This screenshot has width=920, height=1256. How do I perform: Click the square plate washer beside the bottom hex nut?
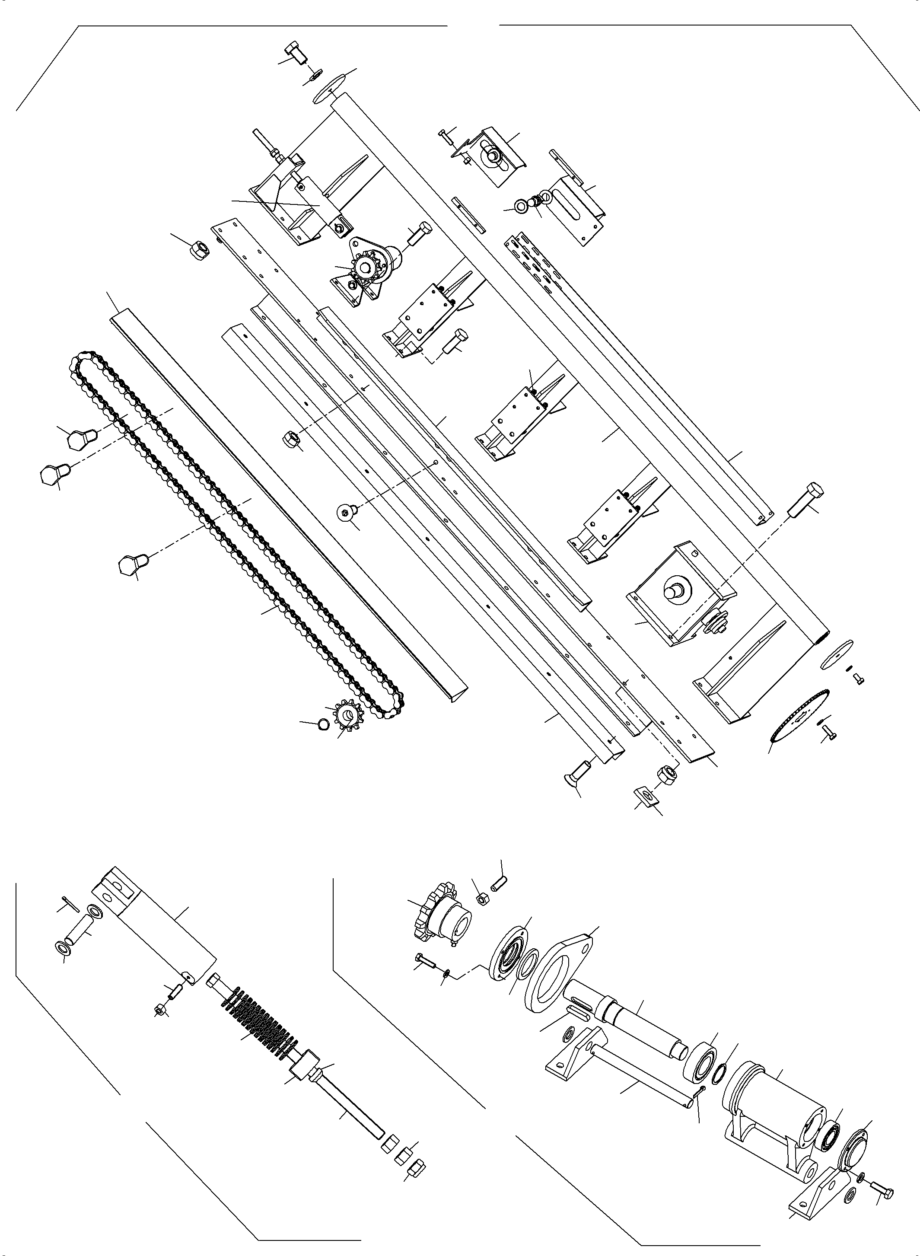tap(646, 795)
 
